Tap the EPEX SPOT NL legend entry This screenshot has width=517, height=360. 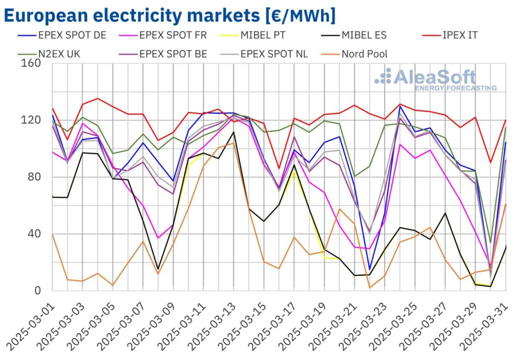pos(271,54)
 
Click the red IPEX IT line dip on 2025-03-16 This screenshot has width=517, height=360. pos(279,169)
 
